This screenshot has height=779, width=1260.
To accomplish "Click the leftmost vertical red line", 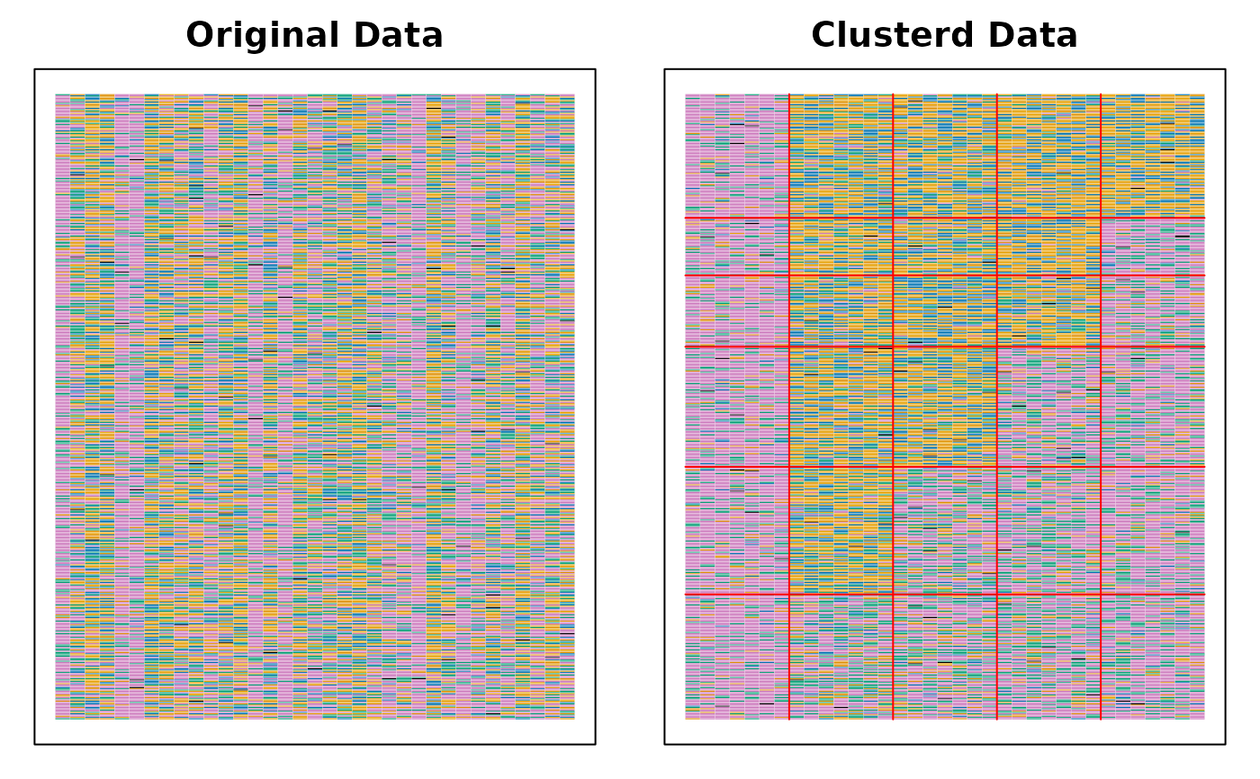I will (x=789, y=405).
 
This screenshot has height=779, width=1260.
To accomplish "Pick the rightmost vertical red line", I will (x=1101, y=405).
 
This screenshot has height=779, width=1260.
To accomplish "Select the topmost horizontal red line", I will (x=945, y=218).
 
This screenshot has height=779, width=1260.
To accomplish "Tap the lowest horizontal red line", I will (x=945, y=595).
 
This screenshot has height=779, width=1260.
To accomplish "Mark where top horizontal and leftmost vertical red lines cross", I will (x=789, y=218).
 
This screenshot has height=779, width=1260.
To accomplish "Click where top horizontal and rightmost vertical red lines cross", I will (x=1101, y=218).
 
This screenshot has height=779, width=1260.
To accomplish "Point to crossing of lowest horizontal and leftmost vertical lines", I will (x=789, y=595).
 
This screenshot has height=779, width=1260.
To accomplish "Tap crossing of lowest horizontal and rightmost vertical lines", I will (x=1101, y=595).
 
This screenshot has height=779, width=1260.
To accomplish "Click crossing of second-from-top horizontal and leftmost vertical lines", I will (x=789, y=275).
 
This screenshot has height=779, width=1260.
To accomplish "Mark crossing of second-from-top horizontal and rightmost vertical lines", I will (x=1101, y=275).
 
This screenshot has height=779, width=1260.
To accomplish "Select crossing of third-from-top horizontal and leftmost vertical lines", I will (x=789, y=346).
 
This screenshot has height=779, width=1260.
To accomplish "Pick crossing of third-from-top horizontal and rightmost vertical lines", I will (x=1101, y=346).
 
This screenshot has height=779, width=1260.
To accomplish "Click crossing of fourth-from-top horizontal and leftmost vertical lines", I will (x=789, y=467).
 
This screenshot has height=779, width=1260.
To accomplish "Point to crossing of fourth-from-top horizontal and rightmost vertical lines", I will (x=1101, y=467).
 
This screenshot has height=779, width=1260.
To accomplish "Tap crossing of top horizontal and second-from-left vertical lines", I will (x=893, y=218).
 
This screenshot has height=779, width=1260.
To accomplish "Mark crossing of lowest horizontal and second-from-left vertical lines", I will (x=893, y=595).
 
